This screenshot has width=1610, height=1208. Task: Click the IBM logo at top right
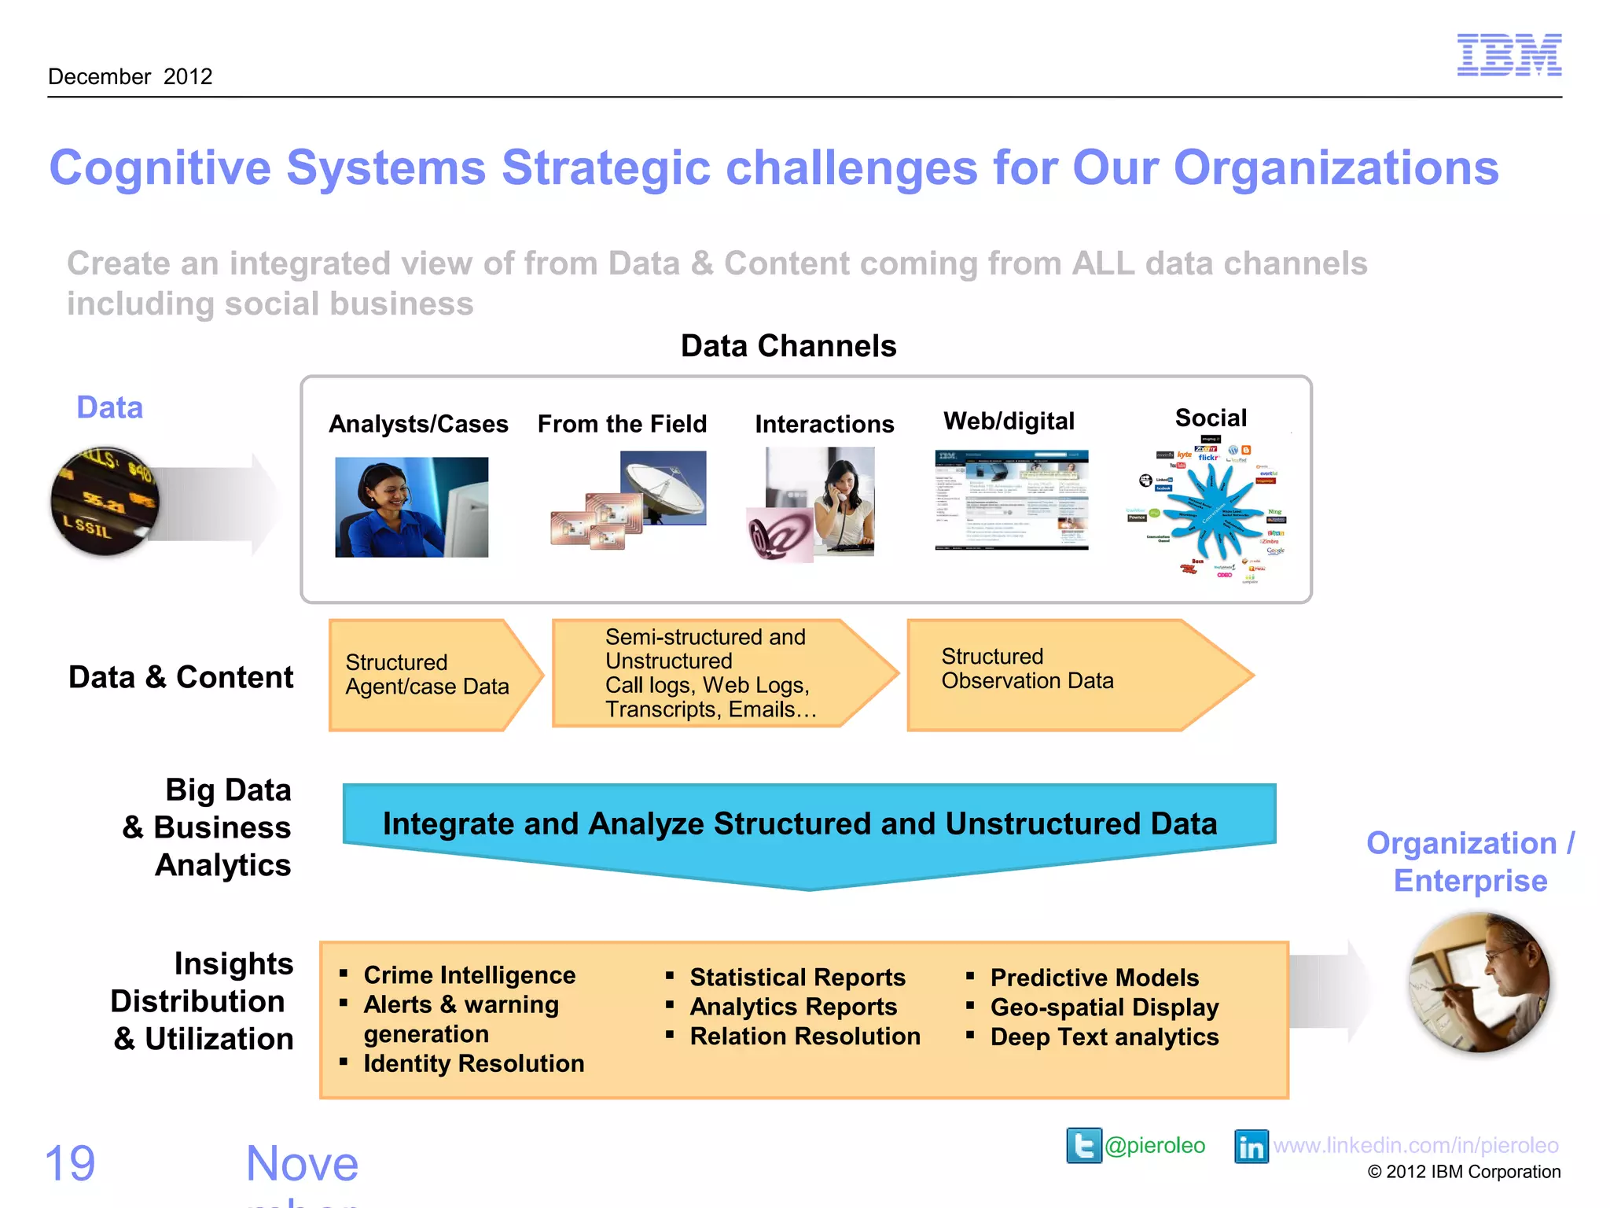tap(1509, 55)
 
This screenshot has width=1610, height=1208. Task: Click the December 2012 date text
tap(130, 77)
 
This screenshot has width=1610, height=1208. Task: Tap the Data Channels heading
tap(788, 346)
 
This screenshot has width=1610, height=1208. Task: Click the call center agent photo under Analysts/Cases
tap(411, 507)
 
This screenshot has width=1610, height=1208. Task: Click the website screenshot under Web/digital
tap(1011, 499)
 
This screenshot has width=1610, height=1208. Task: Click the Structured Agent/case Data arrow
tap(428, 675)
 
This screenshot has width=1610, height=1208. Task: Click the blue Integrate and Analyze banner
tap(808, 826)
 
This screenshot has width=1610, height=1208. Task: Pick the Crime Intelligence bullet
tap(469, 975)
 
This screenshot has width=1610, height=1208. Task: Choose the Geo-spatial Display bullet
tap(1104, 1007)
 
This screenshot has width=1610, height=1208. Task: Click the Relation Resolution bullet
tap(804, 1037)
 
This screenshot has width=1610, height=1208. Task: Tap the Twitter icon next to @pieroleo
tap(1083, 1146)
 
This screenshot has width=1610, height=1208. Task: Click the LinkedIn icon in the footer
tap(1251, 1147)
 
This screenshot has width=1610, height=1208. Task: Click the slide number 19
tap(70, 1163)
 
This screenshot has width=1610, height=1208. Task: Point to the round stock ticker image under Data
tap(105, 501)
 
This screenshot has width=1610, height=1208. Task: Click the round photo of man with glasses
tap(1480, 983)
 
